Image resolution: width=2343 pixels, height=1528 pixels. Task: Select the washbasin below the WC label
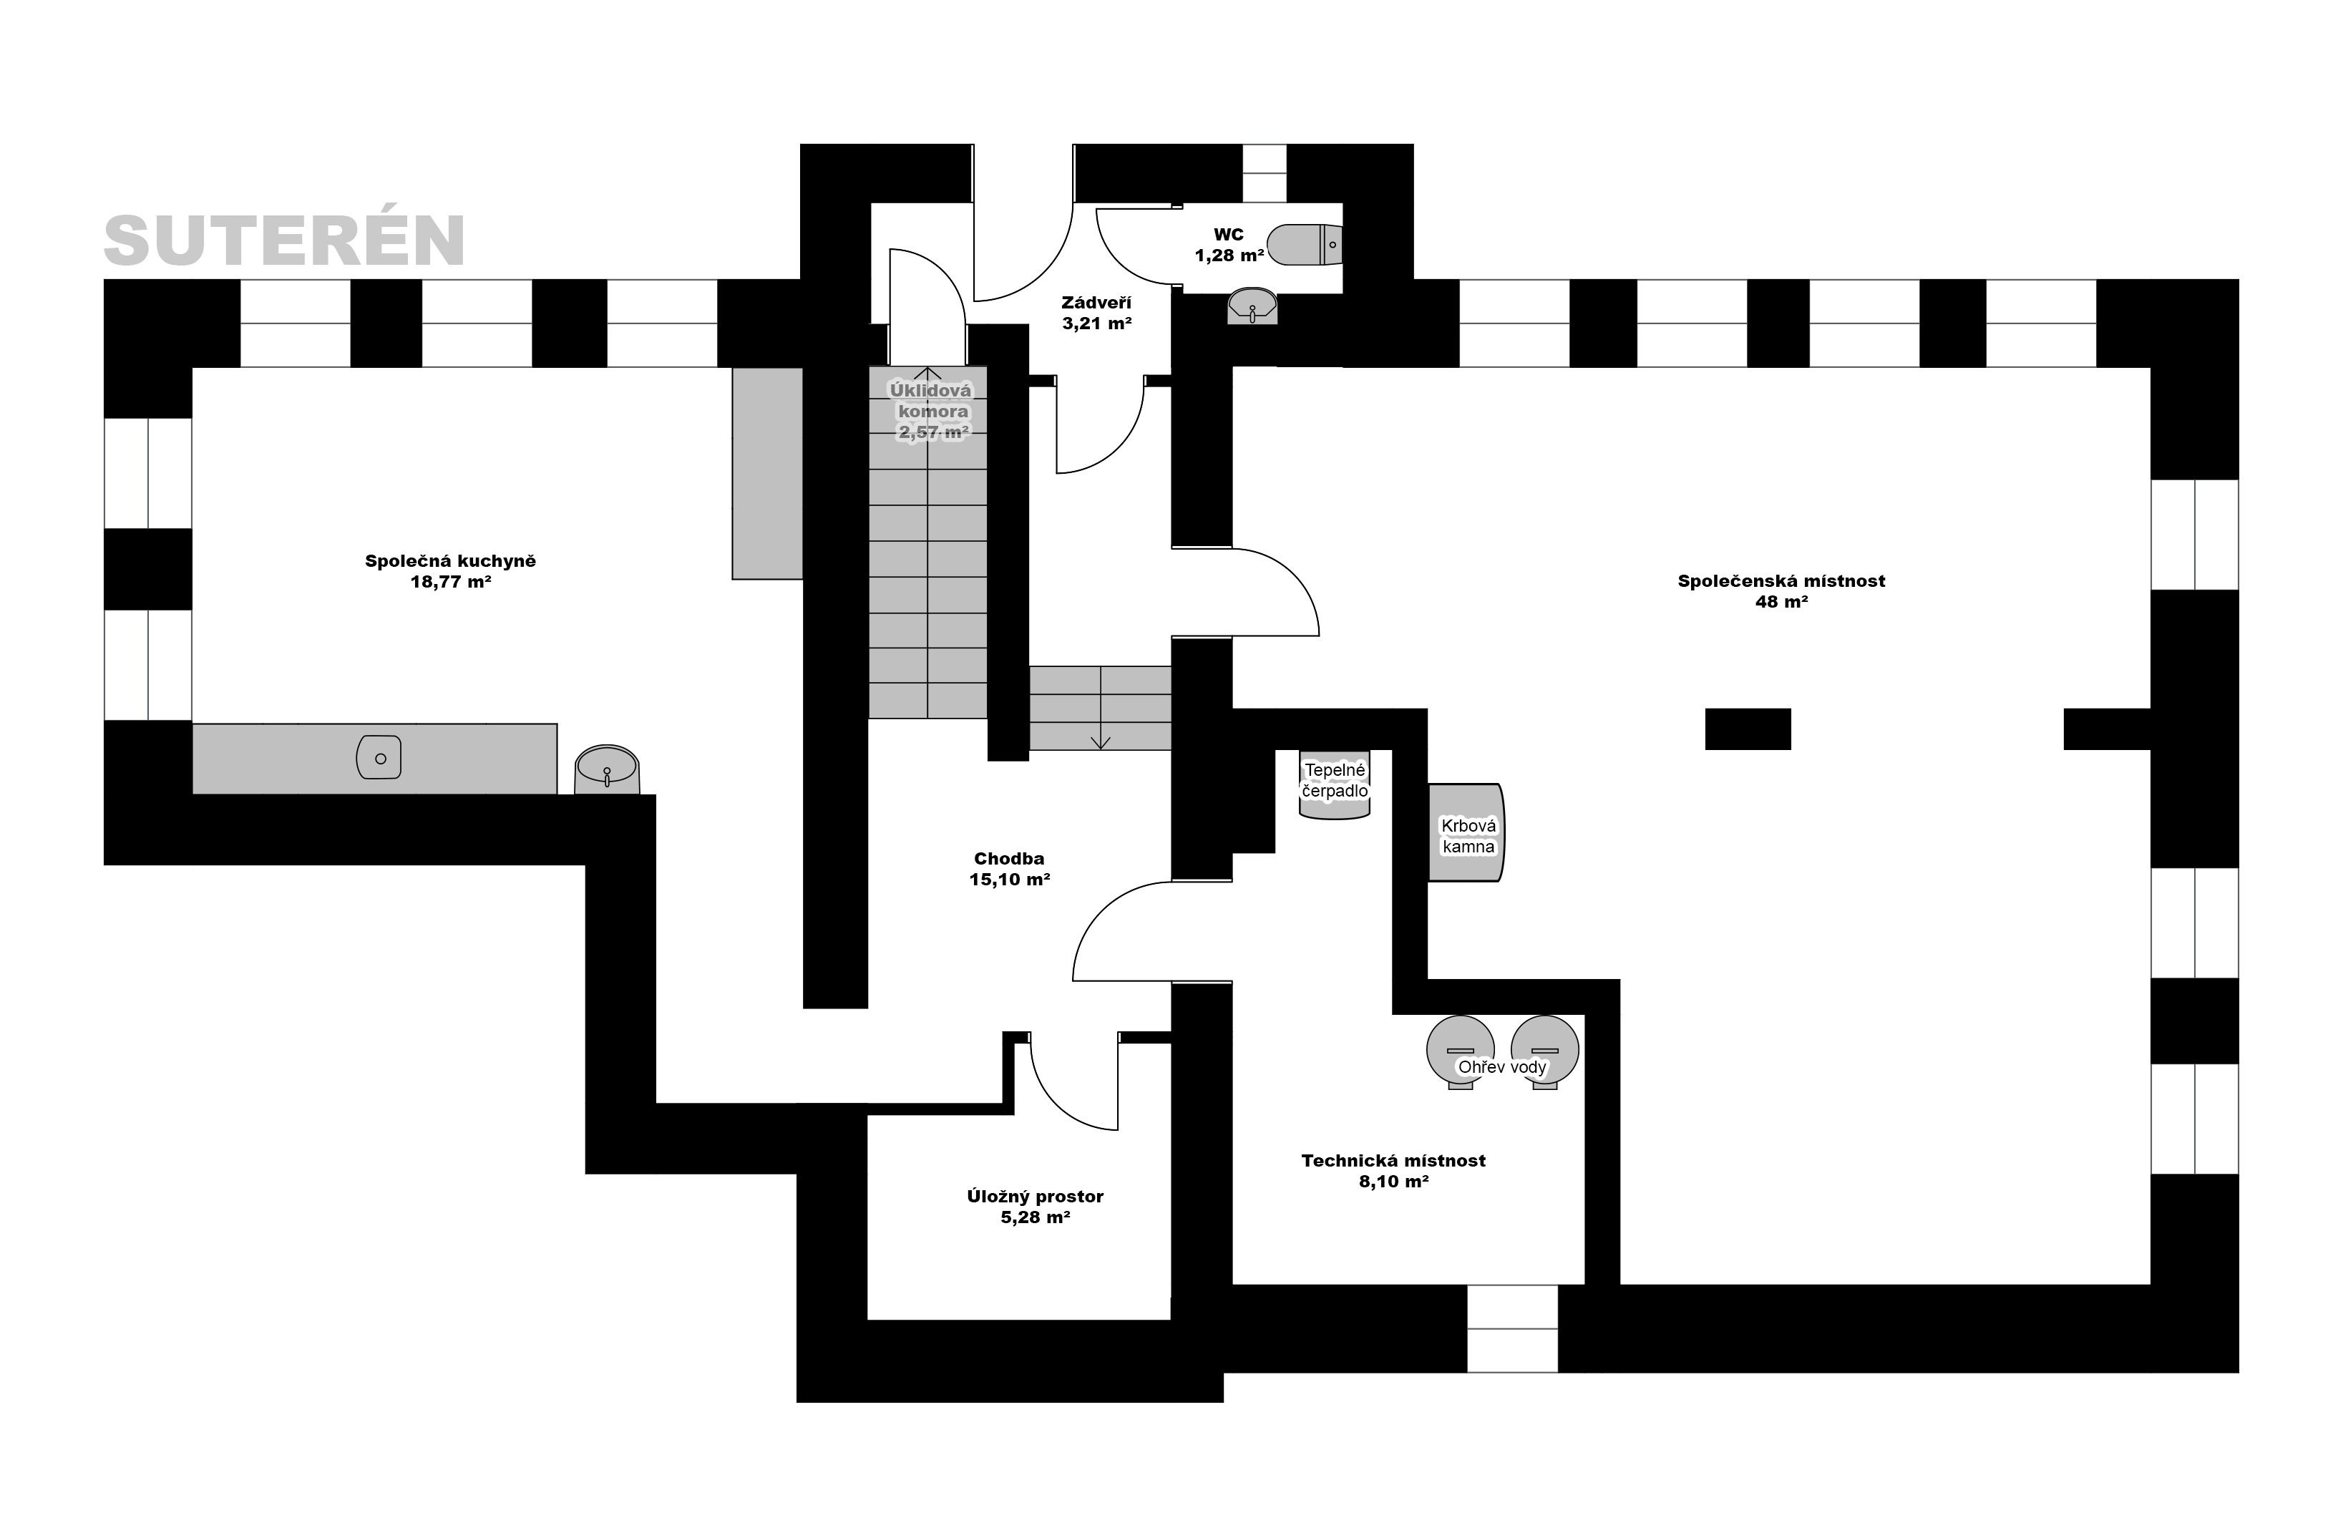(x=1252, y=306)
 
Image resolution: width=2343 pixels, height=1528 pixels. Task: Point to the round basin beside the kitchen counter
(x=606, y=769)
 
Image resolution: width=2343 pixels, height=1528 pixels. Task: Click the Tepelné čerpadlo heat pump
(x=1335, y=784)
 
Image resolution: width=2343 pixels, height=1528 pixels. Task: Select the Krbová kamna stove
(x=1467, y=833)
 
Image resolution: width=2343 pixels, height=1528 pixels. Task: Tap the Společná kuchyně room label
(x=450, y=571)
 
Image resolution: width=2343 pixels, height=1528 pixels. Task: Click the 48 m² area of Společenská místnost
(x=1782, y=602)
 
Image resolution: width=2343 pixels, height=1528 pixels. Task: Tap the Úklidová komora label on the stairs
(x=930, y=412)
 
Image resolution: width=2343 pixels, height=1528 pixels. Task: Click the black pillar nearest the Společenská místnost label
(x=1748, y=729)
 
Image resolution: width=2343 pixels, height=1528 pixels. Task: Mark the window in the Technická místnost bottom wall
(x=1512, y=1328)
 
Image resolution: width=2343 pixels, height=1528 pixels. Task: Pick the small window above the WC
(x=1264, y=173)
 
